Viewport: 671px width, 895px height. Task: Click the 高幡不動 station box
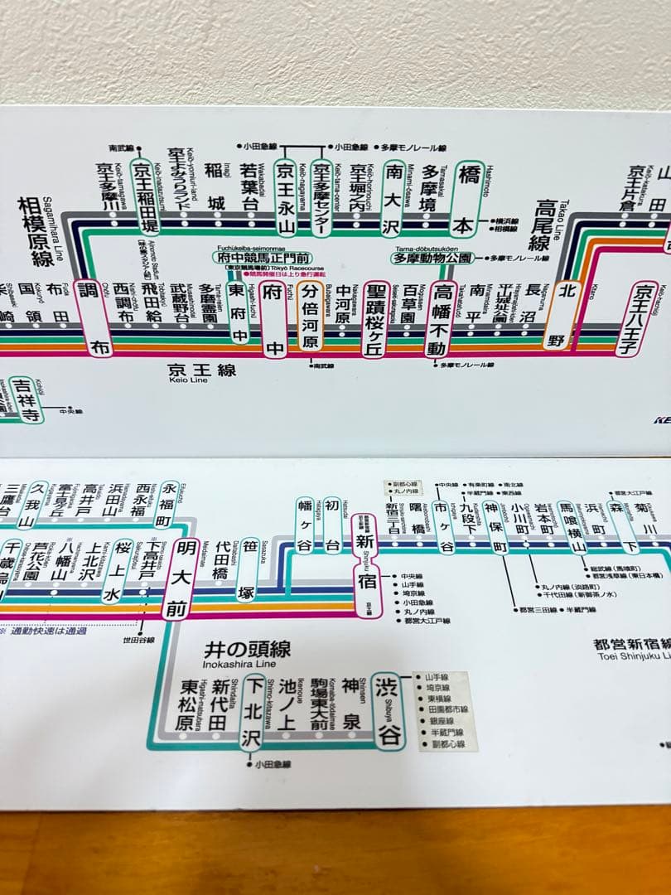pyautogui.click(x=444, y=318)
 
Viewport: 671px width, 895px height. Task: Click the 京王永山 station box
pyautogui.click(x=286, y=197)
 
